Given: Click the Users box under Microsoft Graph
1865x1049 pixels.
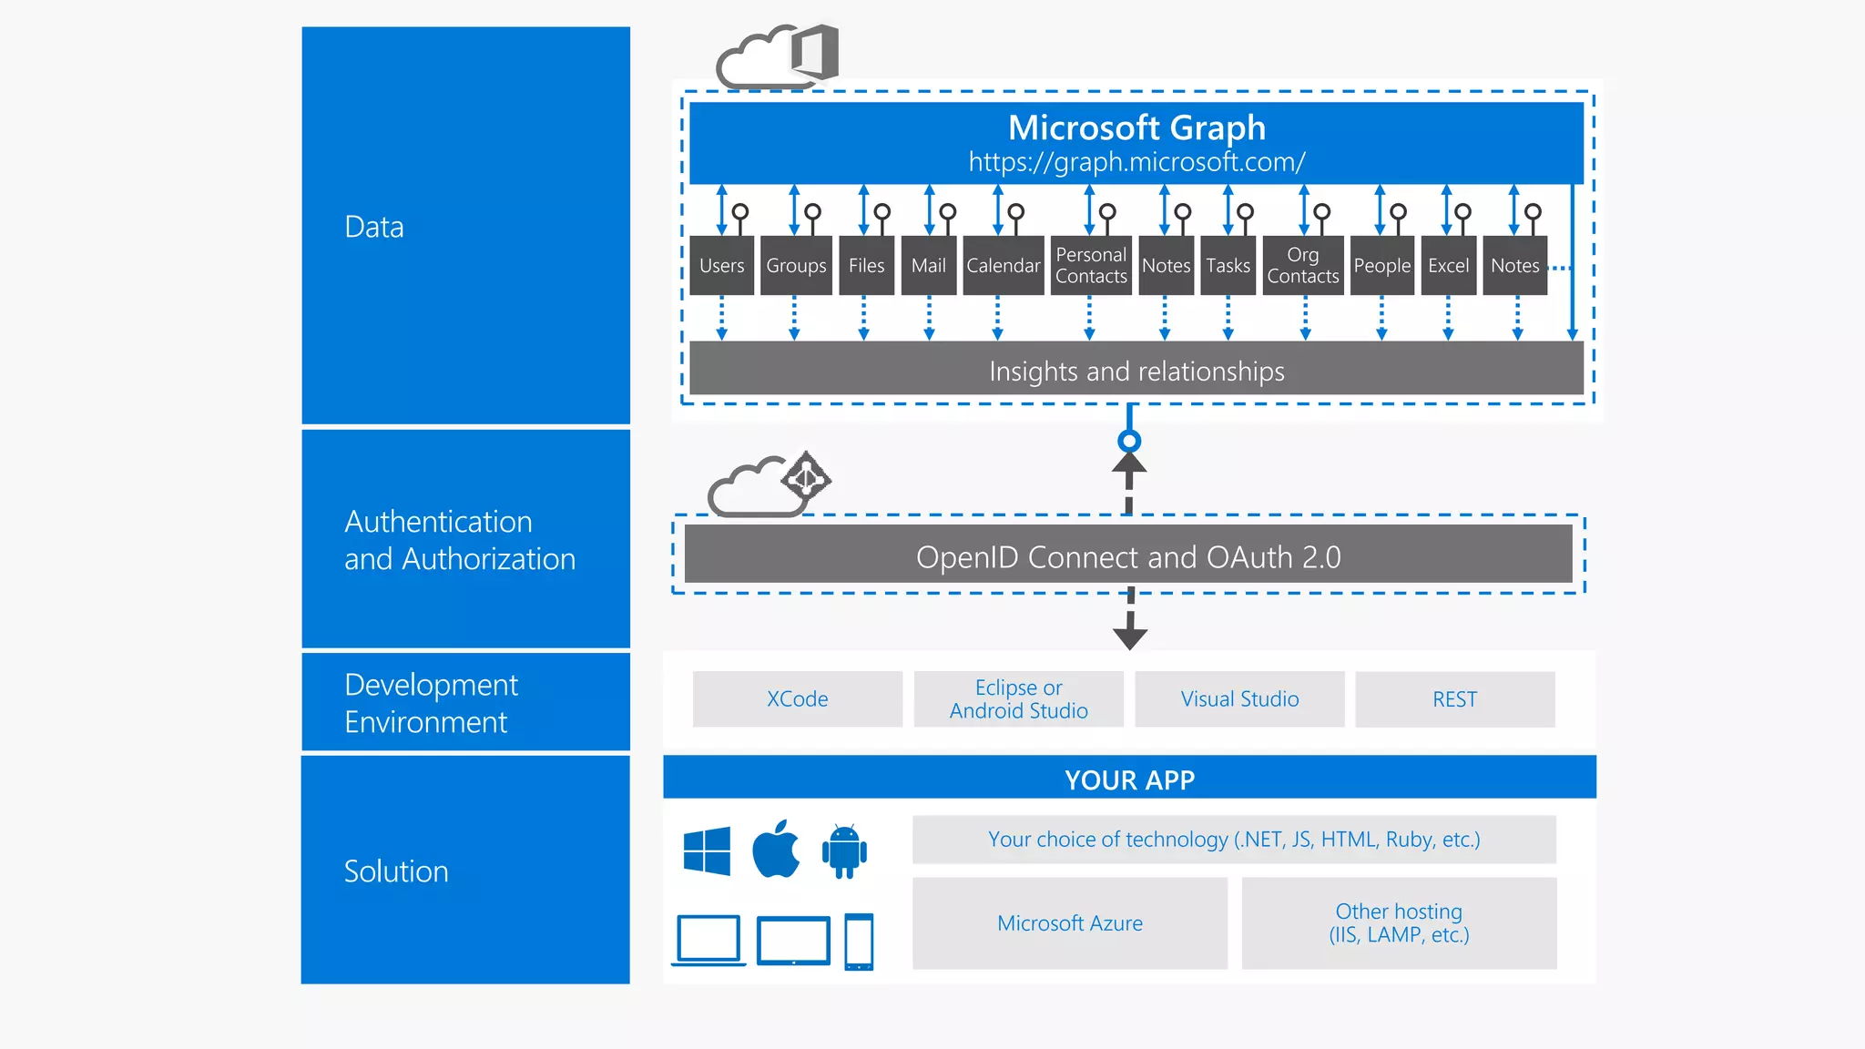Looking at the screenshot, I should click(x=722, y=265).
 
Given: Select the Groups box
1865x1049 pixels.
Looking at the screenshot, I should click(x=796, y=265).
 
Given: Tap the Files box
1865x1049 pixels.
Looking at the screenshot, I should click(x=866, y=265).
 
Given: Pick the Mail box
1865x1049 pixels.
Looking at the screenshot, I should click(x=929, y=265).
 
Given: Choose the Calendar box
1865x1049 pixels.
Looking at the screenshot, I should click(x=1003, y=265).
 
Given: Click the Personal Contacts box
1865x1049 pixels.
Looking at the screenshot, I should click(x=1091, y=265).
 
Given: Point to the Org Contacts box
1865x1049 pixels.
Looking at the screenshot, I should click(x=1303, y=265).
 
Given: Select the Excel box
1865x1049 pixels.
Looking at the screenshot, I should click(x=1448, y=265).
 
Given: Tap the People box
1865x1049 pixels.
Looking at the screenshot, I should click(x=1381, y=265).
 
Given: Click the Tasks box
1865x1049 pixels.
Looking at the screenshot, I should click(x=1228, y=265).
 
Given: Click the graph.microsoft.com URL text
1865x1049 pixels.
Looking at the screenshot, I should click(x=1136, y=162).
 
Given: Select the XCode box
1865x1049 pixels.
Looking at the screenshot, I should click(x=797, y=699).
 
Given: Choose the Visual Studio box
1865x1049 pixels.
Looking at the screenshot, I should click(x=1239, y=699).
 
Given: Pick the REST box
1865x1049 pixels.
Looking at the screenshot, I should click(x=1454, y=699).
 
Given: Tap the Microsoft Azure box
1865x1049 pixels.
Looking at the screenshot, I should click(x=1070, y=923).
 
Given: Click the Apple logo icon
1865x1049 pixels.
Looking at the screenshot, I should click(x=776, y=850).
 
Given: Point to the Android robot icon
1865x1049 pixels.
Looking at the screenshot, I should click(x=844, y=851).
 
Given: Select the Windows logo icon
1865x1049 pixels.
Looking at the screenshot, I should click(x=707, y=850).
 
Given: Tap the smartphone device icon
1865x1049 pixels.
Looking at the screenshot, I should click(x=859, y=942).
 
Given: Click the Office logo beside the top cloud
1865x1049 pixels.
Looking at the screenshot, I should click(x=815, y=52).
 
